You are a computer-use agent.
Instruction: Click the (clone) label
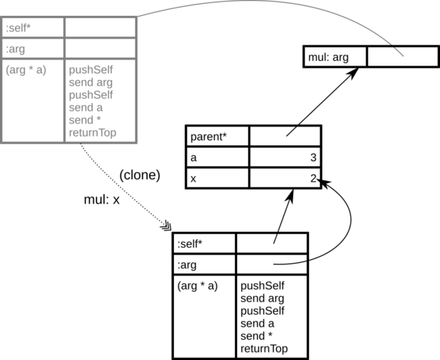point(139,175)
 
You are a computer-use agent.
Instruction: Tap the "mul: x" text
point(102,200)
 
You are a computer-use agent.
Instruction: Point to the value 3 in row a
point(313,157)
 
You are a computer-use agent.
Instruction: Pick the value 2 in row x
point(313,178)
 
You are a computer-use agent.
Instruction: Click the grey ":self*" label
point(18,28)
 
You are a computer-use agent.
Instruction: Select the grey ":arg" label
point(15,50)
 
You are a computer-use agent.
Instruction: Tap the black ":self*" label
point(190,244)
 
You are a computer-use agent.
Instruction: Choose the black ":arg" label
point(187,265)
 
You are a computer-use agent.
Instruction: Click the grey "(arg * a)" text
point(26,70)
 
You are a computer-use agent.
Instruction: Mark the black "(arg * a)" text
point(197,286)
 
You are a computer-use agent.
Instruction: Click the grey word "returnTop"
point(93,133)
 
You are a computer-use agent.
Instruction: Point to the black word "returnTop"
point(264,349)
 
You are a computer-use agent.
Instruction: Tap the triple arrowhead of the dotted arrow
point(166,226)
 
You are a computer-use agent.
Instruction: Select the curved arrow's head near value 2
point(324,183)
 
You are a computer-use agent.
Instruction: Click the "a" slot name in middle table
point(194,158)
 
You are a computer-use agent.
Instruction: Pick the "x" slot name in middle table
point(193,179)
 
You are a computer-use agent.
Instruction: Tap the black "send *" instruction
point(256,336)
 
